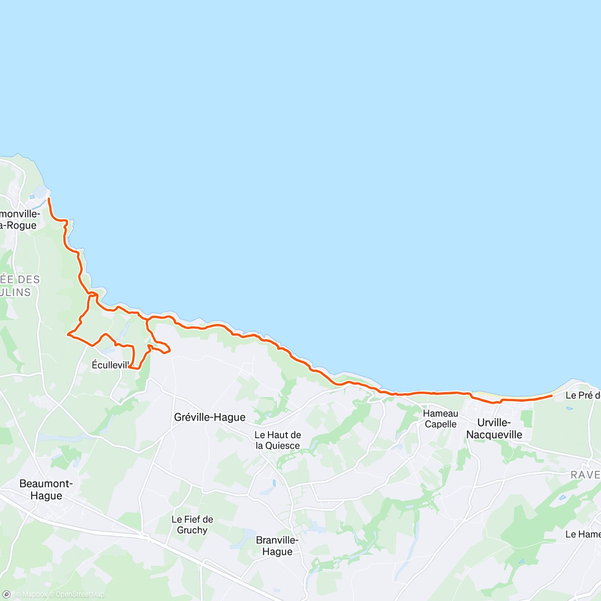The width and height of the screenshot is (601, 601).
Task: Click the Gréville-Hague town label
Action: [210, 417]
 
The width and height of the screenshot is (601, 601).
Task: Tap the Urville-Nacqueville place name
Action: [494, 429]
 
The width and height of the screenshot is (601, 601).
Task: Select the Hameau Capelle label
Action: [441, 419]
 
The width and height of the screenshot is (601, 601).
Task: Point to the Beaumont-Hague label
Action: [46, 490]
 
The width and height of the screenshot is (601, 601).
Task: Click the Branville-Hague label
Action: [277, 546]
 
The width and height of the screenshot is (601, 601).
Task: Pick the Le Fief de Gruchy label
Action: [192, 525]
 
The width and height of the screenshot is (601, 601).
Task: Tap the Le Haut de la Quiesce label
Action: [278, 440]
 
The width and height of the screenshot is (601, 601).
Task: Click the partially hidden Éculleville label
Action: [110, 365]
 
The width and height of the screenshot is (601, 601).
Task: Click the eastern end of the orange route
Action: [551, 396]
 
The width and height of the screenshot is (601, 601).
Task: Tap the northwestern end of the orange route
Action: [49, 199]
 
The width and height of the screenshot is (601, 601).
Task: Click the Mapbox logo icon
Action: [7, 594]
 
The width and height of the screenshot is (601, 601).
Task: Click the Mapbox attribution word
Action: [34, 594]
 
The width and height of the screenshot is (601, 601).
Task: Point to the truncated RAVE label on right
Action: [585, 475]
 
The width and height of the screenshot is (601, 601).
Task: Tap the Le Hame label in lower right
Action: [582, 534]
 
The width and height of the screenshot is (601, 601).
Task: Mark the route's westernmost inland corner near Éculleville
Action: [68, 334]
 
